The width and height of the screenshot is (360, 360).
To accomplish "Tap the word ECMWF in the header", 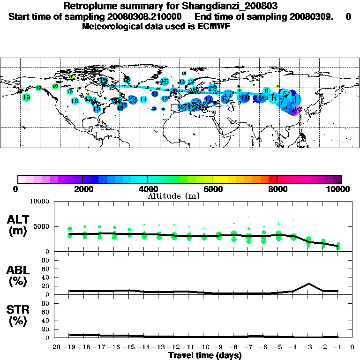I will tap(213, 26).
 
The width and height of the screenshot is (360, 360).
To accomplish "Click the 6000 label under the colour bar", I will tap(212, 189).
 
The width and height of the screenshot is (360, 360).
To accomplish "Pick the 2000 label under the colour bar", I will tap(82, 189).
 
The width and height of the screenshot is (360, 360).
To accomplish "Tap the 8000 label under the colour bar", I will tap(277, 189).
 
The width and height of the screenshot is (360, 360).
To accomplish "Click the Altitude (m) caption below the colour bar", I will tap(173, 196).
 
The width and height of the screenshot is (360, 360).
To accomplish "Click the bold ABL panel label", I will tap(19, 270).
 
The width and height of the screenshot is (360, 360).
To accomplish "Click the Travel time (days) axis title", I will tap(205, 356).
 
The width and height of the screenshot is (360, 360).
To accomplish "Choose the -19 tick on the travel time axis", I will tap(69, 347).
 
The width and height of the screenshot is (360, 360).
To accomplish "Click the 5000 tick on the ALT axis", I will tap(41, 227).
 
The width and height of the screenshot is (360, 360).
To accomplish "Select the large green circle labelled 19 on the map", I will tap(26, 97).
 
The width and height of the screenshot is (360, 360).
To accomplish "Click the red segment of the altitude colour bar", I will tap(272, 179).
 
